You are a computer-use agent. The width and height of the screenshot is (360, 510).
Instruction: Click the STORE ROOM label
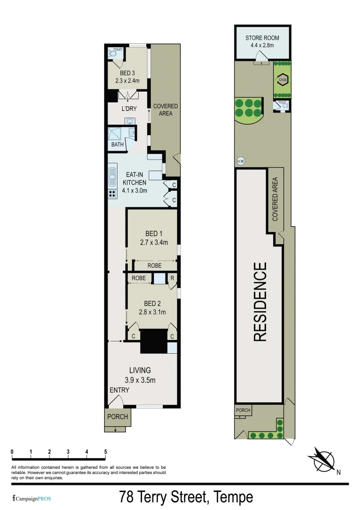point(262,38)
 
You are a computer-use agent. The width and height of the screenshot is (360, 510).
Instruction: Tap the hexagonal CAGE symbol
point(283,80)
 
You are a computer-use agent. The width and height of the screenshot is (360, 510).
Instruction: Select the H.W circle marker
point(240,161)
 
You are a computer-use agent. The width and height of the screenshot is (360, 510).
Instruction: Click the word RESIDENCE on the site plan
point(260,302)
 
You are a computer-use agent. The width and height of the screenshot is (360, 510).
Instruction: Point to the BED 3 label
point(127,73)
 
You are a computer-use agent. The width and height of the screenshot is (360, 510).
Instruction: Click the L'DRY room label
point(129,109)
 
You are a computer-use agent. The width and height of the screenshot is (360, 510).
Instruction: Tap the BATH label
point(117,144)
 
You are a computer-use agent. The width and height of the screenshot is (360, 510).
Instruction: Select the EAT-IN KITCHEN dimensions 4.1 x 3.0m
point(135,191)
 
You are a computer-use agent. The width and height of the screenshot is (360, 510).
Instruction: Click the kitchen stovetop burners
point(112,193)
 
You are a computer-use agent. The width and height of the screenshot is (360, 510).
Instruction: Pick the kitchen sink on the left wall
point(112,175)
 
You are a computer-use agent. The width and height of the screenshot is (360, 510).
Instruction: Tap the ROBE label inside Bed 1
point(154,266)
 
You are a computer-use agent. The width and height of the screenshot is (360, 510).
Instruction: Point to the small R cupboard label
point(172,278)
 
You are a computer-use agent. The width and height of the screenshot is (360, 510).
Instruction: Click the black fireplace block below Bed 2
point(154,340)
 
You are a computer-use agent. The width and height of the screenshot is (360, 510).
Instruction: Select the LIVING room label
point(140,370)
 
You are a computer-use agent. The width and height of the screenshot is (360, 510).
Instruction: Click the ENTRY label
point(119,390)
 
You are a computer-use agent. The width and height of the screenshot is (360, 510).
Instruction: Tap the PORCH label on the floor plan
point(117,417)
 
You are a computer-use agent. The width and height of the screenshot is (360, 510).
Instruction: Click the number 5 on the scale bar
point(105,452)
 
